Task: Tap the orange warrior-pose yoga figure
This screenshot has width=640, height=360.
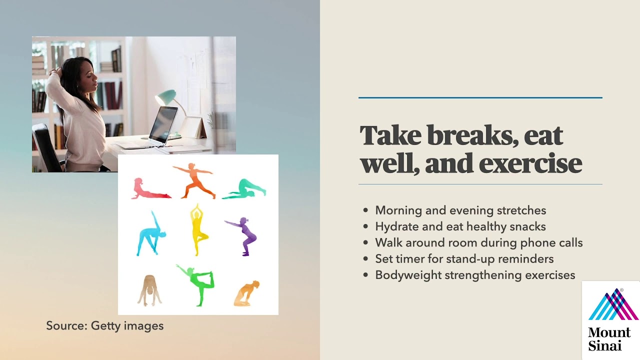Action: [x=195, y=180]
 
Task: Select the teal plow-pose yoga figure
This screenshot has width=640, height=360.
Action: [x=244, y=189]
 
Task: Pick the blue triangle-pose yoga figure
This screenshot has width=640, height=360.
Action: [x=150, y=234]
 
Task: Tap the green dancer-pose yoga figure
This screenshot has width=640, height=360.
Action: [x=197, y=283]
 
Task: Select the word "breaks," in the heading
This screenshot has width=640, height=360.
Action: [x=472, y=135]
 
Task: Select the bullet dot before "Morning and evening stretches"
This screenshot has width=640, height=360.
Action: [x=366, y=210]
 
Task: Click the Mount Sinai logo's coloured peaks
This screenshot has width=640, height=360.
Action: [x=613, y=305]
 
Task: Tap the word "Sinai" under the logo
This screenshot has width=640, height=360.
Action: [x=605, y=345]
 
